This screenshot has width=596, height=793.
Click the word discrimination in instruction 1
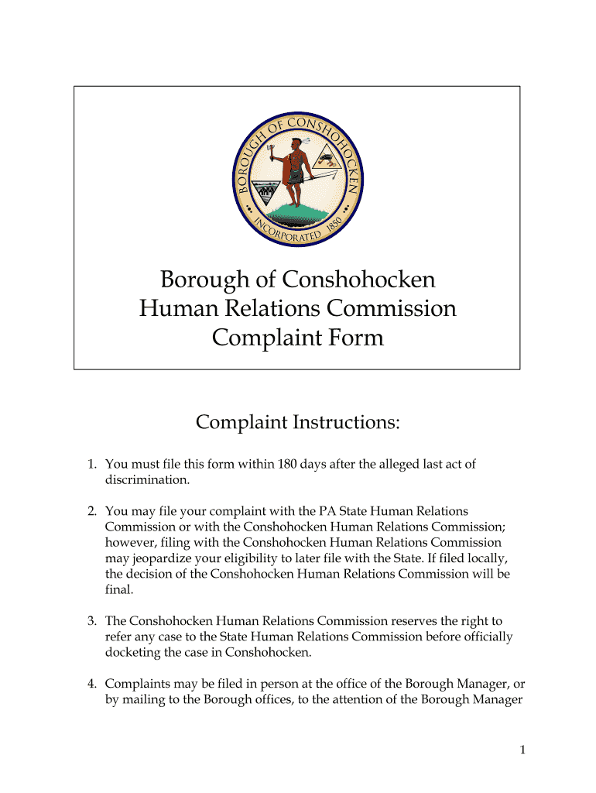[146, 480]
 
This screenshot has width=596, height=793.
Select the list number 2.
[91, 511]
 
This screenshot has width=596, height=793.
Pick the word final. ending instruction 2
[119, 589]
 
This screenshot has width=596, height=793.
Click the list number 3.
[91, 620]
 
